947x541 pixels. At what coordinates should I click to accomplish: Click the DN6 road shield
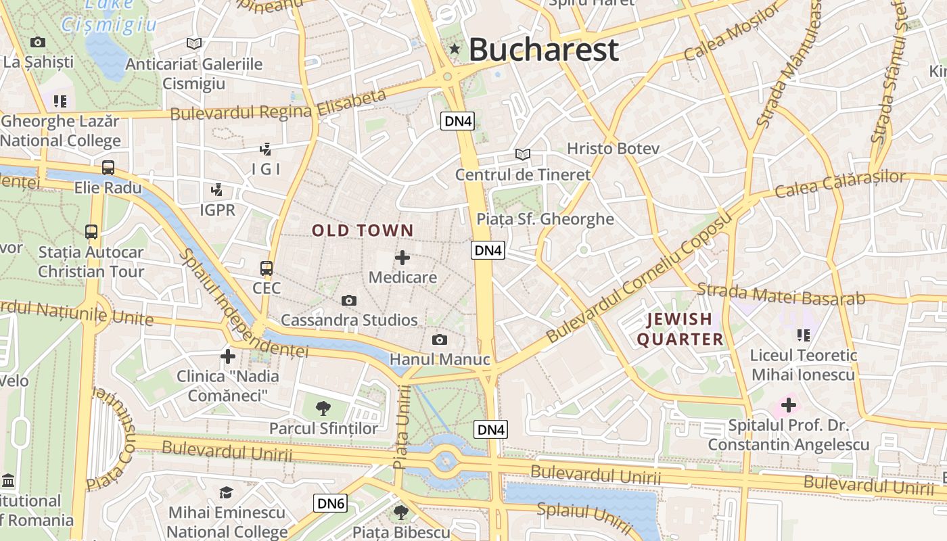coord(331,503)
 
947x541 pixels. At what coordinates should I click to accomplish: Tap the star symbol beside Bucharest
coord(455,49)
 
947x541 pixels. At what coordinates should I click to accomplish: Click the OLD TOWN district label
coord(362,231)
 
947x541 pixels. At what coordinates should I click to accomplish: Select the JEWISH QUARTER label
coord(680,329)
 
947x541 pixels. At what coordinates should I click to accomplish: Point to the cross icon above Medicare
coord(402,258)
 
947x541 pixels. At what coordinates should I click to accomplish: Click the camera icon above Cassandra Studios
coord(349,300)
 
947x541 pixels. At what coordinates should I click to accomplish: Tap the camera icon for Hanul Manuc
coord(440,339)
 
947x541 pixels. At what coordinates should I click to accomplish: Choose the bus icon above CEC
coord(267,268)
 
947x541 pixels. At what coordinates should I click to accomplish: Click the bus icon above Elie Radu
coord(108,168)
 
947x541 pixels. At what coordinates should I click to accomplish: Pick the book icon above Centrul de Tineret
coord(522,154)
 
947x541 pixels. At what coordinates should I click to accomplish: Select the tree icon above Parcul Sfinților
coord(323,408)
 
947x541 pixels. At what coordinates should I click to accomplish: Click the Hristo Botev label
coord(613,148)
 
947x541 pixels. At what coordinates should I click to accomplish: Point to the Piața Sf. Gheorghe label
coord(545,219)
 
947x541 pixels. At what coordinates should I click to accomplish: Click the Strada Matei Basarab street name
coord(781,295)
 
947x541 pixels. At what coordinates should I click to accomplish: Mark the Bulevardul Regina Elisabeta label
coord(278,105)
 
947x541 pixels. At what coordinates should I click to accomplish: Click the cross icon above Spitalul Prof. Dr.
coord(788,406)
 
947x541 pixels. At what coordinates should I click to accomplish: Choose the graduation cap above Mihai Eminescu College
coord(226,493)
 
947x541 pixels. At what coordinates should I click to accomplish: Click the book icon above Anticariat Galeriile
coord(194,44)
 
